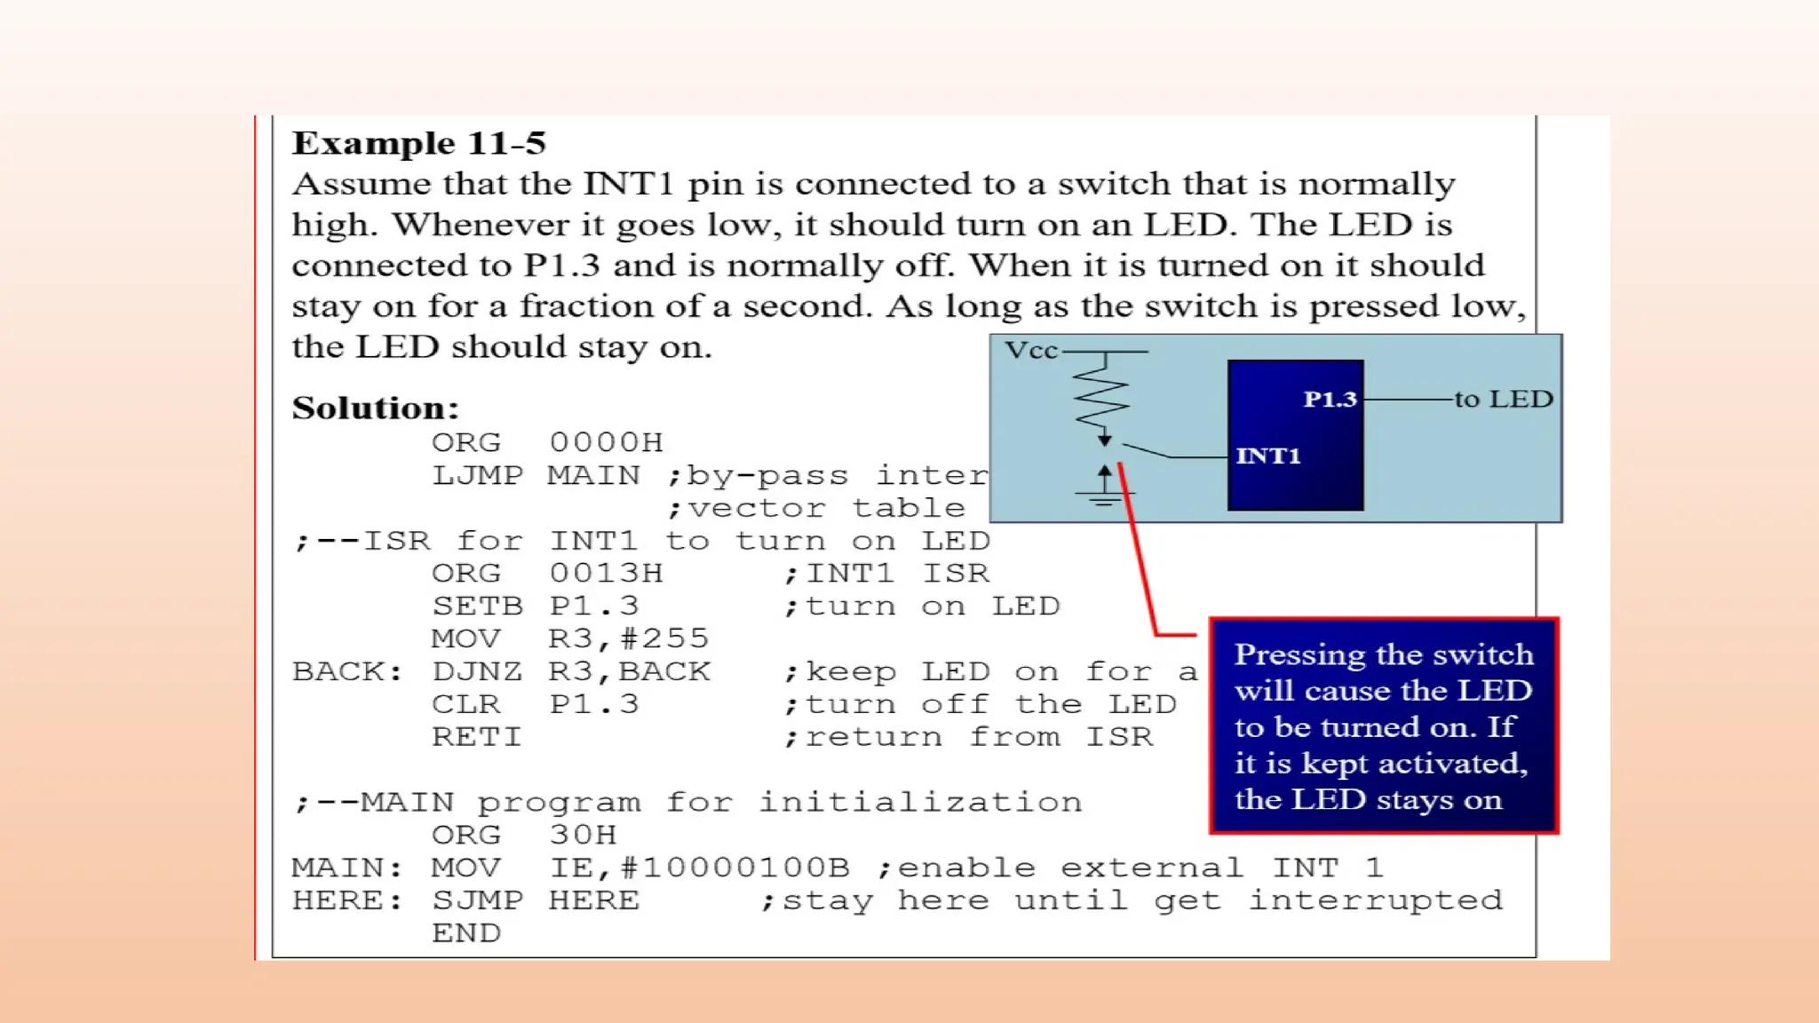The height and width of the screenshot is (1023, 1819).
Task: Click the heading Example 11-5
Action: point(418,143)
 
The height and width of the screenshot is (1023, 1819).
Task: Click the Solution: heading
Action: point(375,408)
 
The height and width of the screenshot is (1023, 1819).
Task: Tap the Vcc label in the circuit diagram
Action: point(1030,351)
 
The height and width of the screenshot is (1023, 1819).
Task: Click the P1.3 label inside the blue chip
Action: point(1330,400)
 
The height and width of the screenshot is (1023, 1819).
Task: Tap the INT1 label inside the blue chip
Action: point(1267,456)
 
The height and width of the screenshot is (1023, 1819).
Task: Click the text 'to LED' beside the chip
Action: point(1503,399)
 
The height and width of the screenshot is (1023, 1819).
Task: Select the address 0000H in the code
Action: point(606,442)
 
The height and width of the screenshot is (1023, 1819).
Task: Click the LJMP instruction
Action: point(477,475)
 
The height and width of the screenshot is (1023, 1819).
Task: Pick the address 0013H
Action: point(606,573)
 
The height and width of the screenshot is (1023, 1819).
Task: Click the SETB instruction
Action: point(477,606)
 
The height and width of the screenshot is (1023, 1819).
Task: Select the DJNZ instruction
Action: point(477,671)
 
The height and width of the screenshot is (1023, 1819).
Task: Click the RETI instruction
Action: point(476,737)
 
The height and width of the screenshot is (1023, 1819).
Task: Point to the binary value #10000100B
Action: point(735,868)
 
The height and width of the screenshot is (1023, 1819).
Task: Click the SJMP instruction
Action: point(477,900)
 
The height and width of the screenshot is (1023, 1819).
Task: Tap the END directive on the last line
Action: point(465,933)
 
